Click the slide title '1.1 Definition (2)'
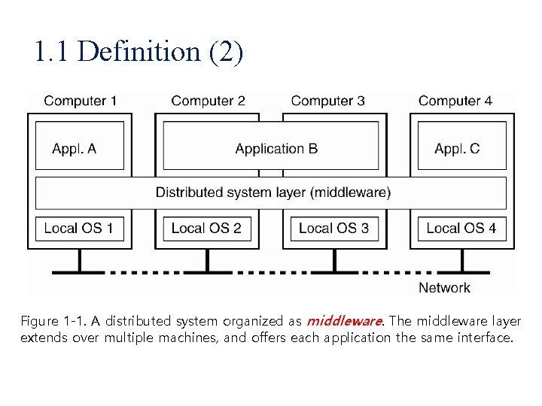coord(139,52)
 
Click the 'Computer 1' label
coord(81,101)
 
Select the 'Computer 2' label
coord(208,101)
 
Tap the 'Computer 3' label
coord(327,101)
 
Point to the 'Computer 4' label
coord(455,101)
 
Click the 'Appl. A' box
coord(75,148)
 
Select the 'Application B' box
coord(276,148)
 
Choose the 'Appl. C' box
coord(457,148)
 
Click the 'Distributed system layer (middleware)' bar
coord(273,192)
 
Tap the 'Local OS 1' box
coord(79,228)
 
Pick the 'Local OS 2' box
coord(206,228)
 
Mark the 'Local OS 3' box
coord(333,228)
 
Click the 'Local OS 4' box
coord(461,228)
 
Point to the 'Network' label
coord(444,287)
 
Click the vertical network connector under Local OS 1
coord(79,259)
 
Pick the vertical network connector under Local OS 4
coord(461,259)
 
